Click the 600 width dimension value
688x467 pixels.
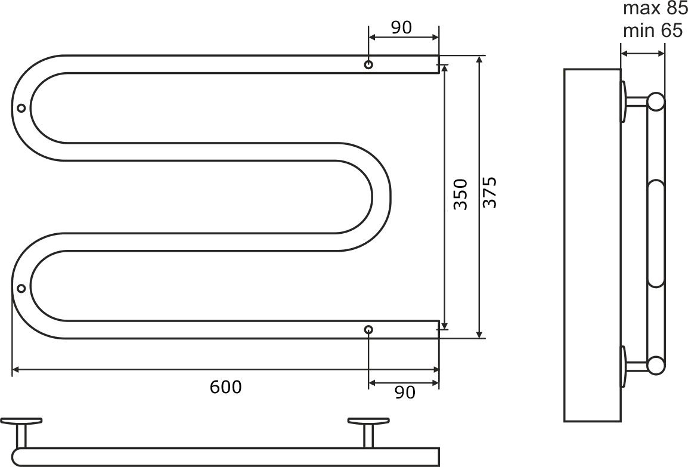click(x=225, y=387)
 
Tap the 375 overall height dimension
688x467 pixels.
click(x=489, y=192)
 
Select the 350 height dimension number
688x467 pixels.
click(x=461, y=194)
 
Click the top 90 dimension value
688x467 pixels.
click(x=401, y=27)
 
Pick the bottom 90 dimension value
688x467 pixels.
click(x=405, y=392)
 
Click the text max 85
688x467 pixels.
click(x=655, y=8)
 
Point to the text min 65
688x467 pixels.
click(x=653, y=31)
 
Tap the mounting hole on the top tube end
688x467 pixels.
click(x=368, y=64)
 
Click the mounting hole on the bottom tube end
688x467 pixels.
click(x=368, y=329)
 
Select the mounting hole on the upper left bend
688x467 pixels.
click(x=21, y=108)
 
